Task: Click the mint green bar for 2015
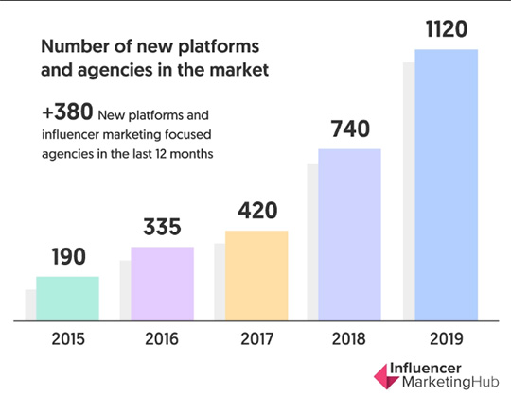(67, 299)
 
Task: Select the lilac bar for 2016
(162, 284)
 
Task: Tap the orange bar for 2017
(256, 275)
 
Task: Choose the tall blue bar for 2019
(446, 184)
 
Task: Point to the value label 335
(162, 229)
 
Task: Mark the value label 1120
(446, 29)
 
